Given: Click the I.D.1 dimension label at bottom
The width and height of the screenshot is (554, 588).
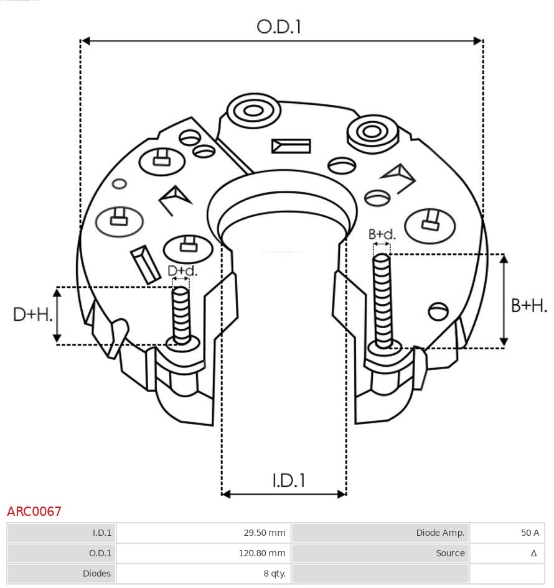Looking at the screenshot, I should point(288,480).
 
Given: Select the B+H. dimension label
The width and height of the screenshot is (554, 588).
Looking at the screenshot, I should point(529,305).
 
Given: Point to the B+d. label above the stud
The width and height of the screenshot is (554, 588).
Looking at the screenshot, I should point(382,234).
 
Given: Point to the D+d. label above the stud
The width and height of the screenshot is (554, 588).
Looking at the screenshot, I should point(182,271).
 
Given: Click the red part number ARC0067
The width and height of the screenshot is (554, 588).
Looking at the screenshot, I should point(34,512).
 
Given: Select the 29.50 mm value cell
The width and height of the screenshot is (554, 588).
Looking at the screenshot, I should point(264,533).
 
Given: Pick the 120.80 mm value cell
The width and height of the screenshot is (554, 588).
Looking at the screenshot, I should point(262,553).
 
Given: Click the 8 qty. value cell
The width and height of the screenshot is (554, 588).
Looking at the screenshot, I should point(273,573).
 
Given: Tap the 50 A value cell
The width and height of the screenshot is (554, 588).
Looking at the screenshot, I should point(530,533).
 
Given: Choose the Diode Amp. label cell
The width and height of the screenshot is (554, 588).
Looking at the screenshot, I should point(440,533).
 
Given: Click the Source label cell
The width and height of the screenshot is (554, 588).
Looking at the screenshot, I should point(450,553).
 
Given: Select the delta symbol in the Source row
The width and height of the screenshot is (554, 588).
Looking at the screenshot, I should point(533,553).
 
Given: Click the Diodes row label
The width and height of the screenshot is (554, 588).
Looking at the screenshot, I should point(96,573).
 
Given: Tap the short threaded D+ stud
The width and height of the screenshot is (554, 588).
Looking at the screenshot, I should point(181,314).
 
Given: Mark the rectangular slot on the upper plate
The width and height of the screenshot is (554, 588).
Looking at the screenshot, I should point(291,146).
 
